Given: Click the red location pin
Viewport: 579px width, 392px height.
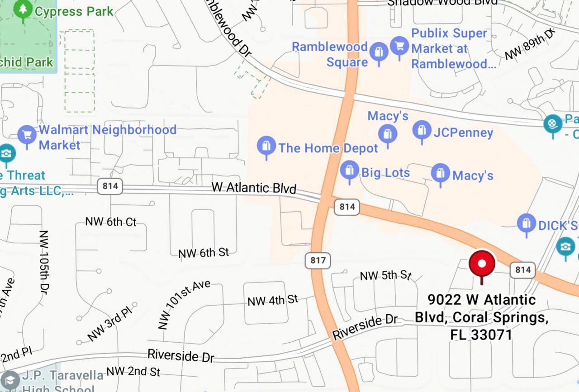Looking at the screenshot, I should point(482,264).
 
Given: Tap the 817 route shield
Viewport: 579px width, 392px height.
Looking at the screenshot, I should point(318,260).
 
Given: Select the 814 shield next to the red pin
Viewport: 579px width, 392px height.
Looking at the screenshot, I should point(522,270).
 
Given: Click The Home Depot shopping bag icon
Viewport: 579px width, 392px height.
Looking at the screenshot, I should point(266,146).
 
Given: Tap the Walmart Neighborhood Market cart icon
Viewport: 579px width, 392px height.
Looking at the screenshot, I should point(27,135).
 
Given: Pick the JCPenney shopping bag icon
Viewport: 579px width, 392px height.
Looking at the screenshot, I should point(422,131).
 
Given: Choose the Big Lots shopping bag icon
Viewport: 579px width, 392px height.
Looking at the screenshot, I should point(349,170).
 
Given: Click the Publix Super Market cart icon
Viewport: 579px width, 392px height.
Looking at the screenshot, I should point(399,46).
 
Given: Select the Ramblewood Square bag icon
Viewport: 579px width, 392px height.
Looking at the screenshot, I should point(379,52).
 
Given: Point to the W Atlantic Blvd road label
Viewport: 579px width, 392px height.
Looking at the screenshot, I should point(254,188).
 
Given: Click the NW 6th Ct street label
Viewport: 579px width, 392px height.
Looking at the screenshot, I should point(111,222).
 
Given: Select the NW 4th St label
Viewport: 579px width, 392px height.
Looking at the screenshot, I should point(273,300).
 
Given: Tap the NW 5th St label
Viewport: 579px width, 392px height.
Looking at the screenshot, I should point(385,275).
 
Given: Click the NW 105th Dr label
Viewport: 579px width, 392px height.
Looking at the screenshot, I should point(43,262).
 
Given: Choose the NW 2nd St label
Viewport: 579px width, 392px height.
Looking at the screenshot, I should point(133,372).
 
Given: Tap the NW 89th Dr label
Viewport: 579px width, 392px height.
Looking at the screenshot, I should point(530,44).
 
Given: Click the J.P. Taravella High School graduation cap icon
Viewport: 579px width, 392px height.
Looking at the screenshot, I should point(10,380).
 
